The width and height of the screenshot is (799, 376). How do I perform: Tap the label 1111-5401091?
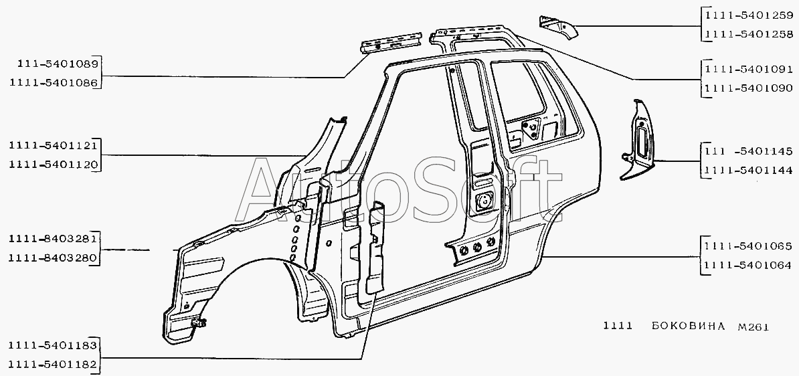pos(748,68)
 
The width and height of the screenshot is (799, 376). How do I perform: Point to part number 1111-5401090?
pos(748,87)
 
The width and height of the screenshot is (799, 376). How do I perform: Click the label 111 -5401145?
pos(748,151)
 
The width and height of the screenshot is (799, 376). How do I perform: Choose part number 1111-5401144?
pos(748,171)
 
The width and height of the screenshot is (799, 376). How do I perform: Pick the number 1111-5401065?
pos(748,246)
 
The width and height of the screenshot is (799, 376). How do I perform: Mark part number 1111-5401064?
pos(748,265)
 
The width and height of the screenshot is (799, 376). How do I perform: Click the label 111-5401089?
pos(54,64)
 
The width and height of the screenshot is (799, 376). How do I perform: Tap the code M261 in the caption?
pos(752,326)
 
